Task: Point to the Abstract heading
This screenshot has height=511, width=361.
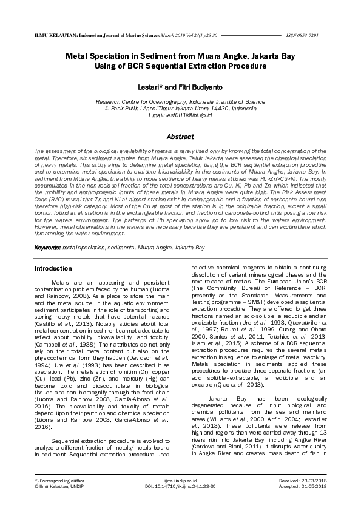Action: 180,137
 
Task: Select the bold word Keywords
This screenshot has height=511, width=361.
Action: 47,248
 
